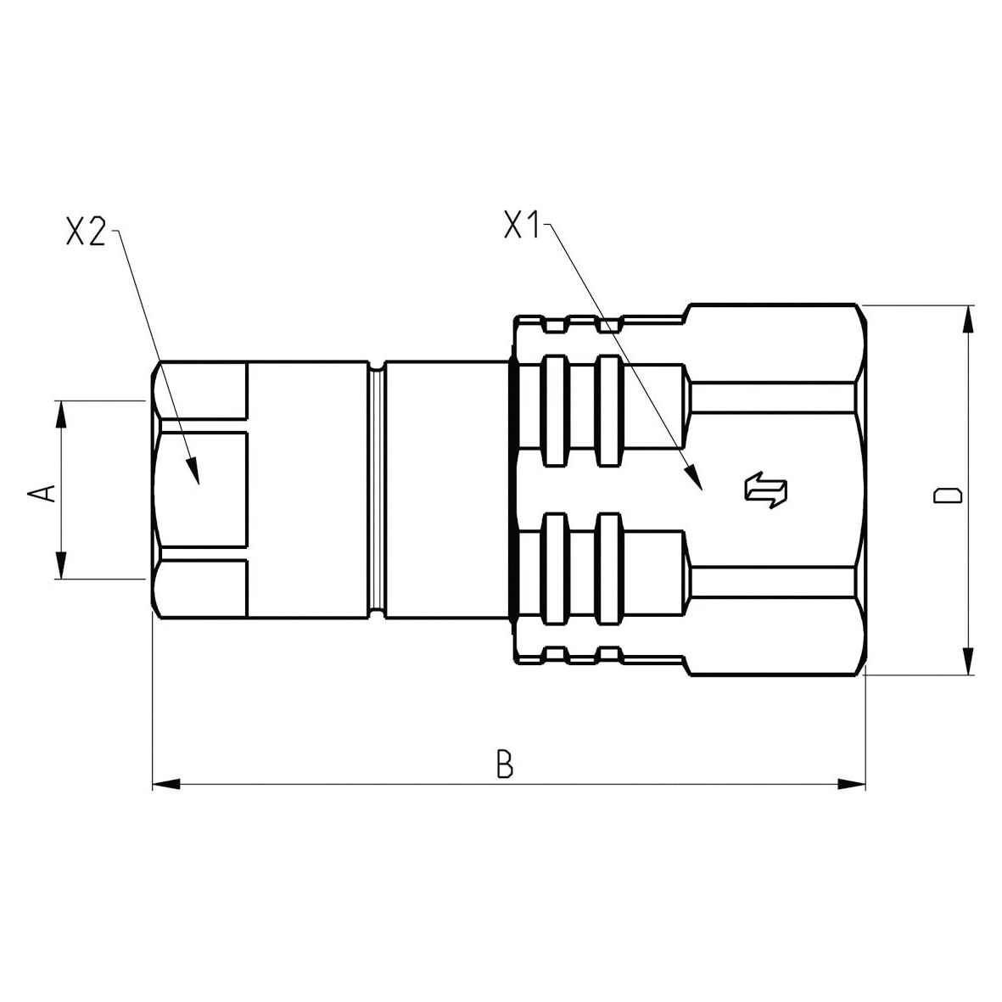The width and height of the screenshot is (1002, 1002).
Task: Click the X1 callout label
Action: point(523,226)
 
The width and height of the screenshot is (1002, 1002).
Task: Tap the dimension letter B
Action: point(505,763)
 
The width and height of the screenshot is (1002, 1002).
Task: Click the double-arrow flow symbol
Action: point(765,491)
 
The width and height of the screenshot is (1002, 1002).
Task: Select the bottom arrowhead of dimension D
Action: point(966,662)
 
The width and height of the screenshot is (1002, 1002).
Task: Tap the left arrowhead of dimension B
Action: point(166,784)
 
